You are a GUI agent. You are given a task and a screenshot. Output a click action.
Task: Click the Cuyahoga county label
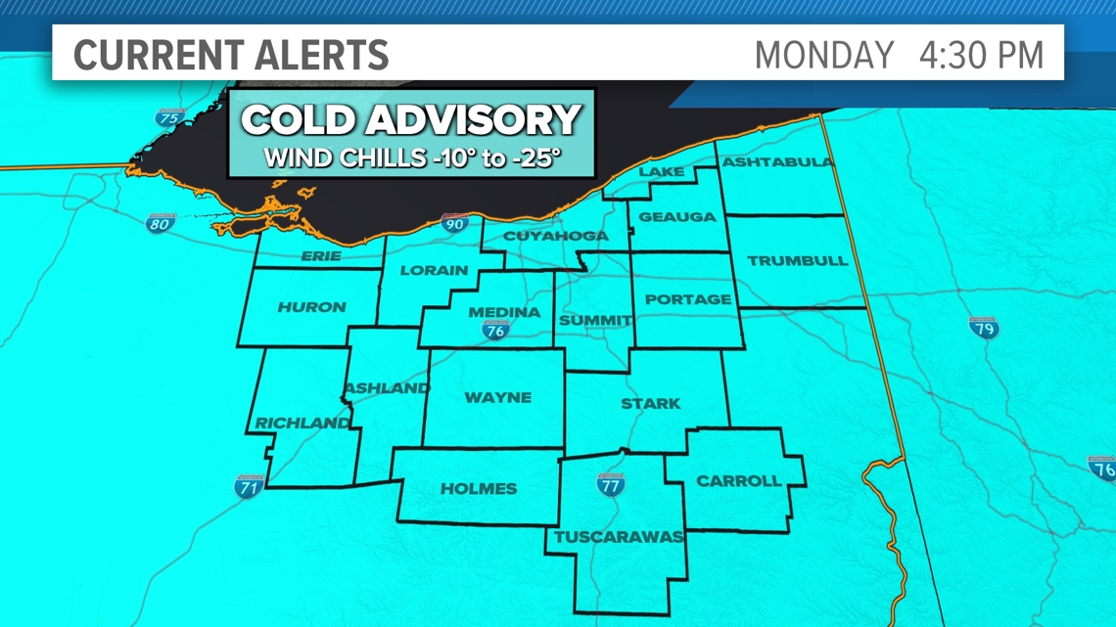click(555, 236)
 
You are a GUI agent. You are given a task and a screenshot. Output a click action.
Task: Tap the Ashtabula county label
click(777, 162)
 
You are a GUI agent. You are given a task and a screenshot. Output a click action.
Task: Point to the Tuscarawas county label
click(619, 537)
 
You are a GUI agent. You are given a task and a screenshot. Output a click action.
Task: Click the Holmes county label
click(479, 488)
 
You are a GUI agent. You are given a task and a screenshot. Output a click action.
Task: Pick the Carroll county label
click(738, 481)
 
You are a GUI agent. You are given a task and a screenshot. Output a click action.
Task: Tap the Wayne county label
click(498, 397)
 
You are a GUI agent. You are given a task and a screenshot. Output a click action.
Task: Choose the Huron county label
click(311, 307)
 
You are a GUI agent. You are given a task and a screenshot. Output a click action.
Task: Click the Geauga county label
click(677, 217)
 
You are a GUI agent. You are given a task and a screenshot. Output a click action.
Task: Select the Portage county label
click(688, 299)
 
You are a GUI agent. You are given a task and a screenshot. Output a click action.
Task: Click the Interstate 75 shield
click(170, 118)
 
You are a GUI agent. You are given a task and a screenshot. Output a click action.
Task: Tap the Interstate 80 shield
click(161, 224)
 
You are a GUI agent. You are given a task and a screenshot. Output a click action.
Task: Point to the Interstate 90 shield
click(454, 224)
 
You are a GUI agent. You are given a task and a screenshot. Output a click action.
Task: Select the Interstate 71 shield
click(249, 486)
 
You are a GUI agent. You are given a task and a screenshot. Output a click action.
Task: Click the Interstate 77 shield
click(611, 483)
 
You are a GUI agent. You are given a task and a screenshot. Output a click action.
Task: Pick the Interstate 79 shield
click(983, 328)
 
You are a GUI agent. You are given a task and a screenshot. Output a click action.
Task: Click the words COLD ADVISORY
click(411, 121)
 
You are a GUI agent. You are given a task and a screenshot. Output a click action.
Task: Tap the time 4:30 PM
click(981, 55)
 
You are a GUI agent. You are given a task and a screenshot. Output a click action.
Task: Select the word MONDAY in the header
click(824, 55)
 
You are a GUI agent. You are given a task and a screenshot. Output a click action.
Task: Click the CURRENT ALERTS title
click(231, 55)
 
